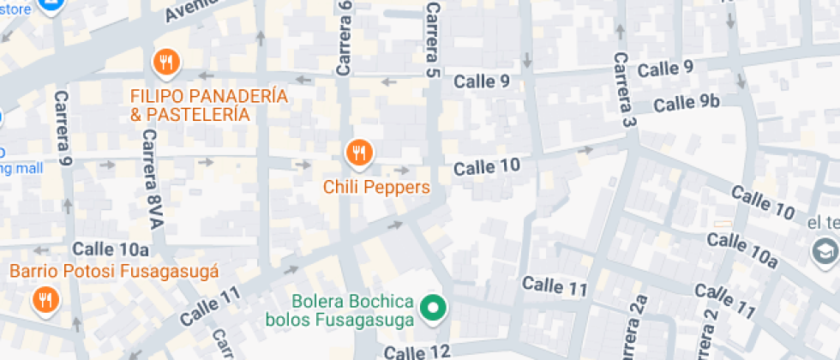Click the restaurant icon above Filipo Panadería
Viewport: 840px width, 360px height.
coord(165,62)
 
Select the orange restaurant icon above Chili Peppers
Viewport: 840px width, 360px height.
coord(358,153)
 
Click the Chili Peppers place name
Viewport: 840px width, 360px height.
coord(376,186)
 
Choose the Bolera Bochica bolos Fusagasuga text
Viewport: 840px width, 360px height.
coord(353,311)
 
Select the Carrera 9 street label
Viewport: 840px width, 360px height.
coord(63,128)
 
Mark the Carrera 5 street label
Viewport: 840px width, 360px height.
coord(433,39)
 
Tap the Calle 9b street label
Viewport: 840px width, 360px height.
coord(686,103)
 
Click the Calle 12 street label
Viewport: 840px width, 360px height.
coord(417,351)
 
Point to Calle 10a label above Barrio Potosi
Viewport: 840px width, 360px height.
coord(111,249)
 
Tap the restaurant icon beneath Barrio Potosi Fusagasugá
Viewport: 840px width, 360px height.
coord(44,300)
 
